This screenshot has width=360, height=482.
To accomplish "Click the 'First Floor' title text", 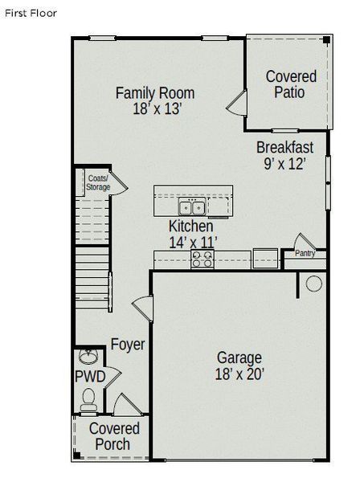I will pyautogui.click(x=31, y=14).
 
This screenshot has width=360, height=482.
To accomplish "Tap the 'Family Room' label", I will pyautogui.click(x=155, y=92).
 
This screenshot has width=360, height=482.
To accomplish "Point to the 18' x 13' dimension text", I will pyautogui.click(x=155, y=110).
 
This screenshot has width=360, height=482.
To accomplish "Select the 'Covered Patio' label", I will pyautogui.click(x=290, y=84).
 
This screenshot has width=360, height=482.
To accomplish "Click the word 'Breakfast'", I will pyautogui.click(x=284, y=147).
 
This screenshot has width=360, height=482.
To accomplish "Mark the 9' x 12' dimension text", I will pyautogui.click(x=284, y=164).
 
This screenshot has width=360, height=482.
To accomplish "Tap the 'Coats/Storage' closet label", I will pyautogui.click(x=98, y=182).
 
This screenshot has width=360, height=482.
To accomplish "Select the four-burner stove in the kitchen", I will pyautogui.click(x=202, y=259).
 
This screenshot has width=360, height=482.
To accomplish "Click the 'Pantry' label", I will pyautogui.click(x=305, y=253).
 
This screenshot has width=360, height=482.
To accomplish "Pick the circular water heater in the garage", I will pyautogui.click(x=313, y=283).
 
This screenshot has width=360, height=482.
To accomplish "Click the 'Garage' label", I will pyautogui.click(x=239, y=357).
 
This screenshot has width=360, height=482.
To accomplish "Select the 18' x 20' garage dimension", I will pyautogui.click(x=239, y=374).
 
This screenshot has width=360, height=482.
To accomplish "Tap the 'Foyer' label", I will pyautogui.click(x=127, y=345).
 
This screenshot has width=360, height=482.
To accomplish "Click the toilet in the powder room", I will pyautogui.click(x=88, y=396).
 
